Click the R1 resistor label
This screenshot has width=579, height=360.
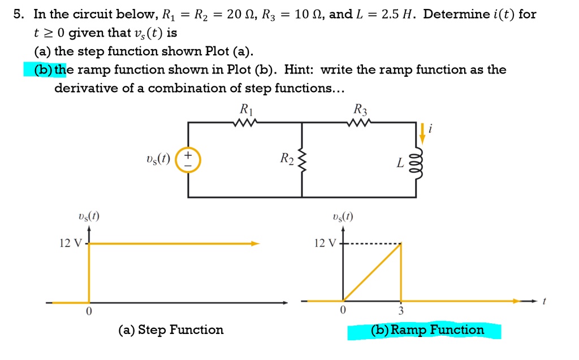click(247, 109)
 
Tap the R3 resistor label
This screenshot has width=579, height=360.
click(360, 109)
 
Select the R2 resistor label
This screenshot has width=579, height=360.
click(287, 158)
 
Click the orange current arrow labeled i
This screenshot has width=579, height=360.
click(422, 133)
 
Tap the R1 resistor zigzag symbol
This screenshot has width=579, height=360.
click(245, 122)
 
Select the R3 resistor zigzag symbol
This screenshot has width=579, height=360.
click(359, 122)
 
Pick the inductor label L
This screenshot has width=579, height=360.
click(400, 163)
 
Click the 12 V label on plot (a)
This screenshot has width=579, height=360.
click(71, 243)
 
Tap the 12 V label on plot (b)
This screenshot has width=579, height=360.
click(325, 243)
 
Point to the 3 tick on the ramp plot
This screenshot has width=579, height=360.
click(401, 311)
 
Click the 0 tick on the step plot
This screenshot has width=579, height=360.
click(89, 311)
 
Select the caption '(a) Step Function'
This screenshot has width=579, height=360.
click(171, 329)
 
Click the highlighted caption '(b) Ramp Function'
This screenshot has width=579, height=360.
click(427, 329)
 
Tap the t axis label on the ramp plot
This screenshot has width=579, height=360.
click(544, 301)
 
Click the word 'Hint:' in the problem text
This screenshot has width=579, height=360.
click(299, 70)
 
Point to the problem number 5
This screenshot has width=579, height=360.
click(18, 14)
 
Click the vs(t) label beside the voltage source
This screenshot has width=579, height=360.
click(158, 159)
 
